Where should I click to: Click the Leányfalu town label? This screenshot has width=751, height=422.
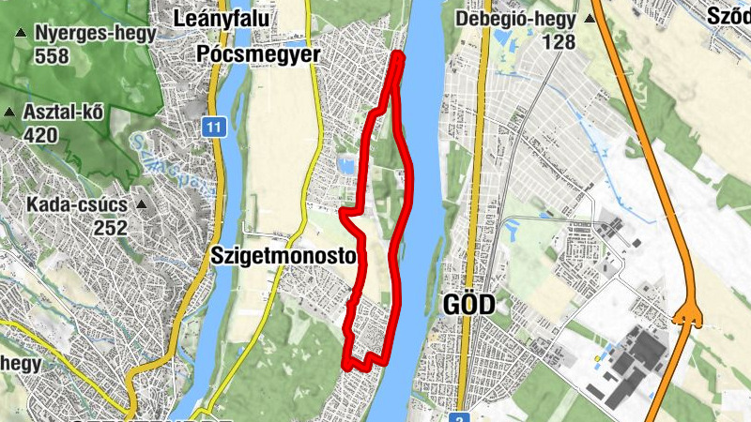[222, 18]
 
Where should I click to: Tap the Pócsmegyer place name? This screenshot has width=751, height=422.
[259, 55]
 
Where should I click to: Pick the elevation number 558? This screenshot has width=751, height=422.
[53, 56]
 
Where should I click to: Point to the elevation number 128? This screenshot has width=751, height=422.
[558, 42]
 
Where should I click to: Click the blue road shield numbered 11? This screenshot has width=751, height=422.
[215, 126]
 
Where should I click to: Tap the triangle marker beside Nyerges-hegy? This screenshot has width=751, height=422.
[19, 34]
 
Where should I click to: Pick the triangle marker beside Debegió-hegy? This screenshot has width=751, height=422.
[590, 19]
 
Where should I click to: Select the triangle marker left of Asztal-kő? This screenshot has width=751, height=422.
[9, 113]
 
